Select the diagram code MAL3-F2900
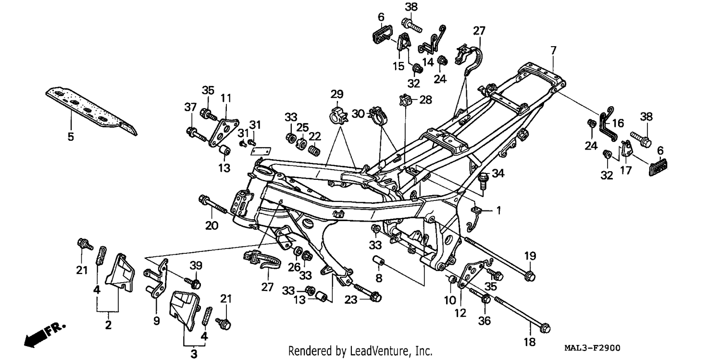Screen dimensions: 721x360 592,348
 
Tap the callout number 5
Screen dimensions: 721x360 71,137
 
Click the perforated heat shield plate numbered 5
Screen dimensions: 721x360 91,111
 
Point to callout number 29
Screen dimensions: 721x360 337,94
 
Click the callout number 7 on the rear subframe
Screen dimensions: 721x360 553,50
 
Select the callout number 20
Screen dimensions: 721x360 211,226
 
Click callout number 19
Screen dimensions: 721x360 530,256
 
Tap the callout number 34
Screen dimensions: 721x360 498,174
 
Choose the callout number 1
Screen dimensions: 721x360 498,211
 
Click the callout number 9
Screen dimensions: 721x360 156,321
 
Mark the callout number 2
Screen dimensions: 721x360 108,325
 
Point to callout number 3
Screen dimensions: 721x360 194,354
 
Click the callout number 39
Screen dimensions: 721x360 196,265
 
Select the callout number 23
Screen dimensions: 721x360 351,300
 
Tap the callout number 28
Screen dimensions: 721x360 425,99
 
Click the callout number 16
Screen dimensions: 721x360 618,123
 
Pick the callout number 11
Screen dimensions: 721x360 226,98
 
